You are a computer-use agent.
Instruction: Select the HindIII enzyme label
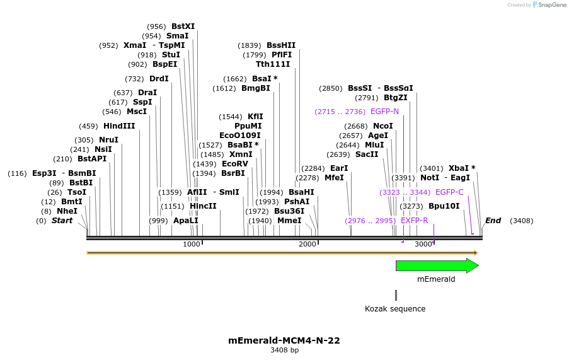(119, 126)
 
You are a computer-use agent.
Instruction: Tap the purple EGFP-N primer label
(384, 112)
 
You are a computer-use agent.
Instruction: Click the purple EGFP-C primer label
(449, 192)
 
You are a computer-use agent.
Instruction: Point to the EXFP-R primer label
(415, 221)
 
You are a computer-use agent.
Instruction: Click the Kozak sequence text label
(395, 309)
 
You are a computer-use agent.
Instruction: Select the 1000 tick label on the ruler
(192, 245)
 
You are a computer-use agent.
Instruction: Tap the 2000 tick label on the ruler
(307, 245)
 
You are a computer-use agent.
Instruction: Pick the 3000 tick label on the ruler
(423, 245)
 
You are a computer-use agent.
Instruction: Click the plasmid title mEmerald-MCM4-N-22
(284, 340)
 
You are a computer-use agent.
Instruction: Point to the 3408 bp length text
(284, 351)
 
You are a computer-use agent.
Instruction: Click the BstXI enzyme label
(183, 26)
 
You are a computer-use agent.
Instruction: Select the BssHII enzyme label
(281, 45)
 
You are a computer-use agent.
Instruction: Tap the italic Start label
(62, 221)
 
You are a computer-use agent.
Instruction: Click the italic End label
(493, 221)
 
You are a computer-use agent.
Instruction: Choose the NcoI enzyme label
(383, 126)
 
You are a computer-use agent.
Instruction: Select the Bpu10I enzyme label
(444, 206)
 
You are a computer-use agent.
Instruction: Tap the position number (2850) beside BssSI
(331, 88)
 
